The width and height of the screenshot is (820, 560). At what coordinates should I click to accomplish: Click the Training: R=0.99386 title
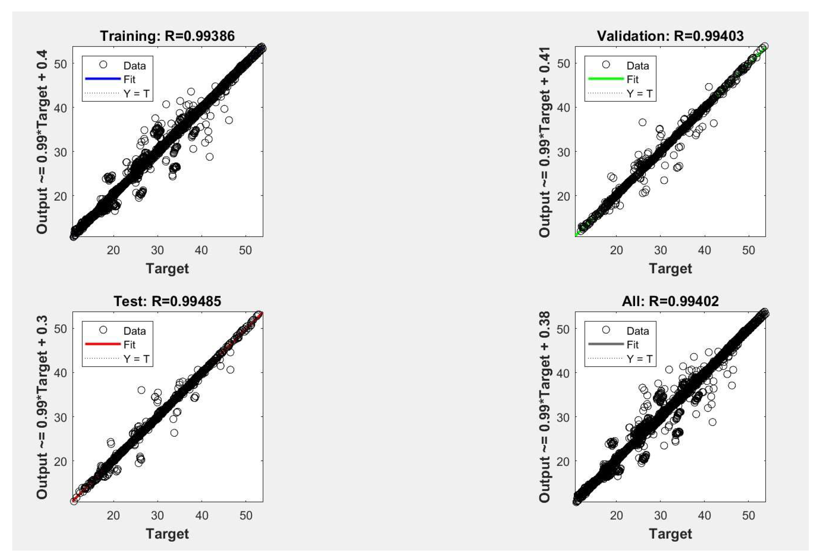click(x=167, y=36)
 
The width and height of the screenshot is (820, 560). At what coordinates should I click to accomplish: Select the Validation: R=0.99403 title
click(x=670, y=36)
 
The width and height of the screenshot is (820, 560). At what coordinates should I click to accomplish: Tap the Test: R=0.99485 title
click(x=167, y=301)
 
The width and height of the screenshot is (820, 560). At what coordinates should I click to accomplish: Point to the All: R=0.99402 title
click(x=670, y=301)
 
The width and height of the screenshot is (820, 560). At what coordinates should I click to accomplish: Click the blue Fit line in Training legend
click(x=103, y=79)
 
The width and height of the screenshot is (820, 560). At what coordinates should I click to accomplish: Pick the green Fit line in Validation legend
click(x=606, y=79)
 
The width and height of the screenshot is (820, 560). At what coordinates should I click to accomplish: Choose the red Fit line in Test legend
click(x=103, y=344)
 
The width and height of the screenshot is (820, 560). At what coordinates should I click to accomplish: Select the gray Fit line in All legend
click(x=606, y=344)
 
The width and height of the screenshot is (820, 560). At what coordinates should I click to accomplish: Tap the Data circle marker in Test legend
click(x=103, y=330)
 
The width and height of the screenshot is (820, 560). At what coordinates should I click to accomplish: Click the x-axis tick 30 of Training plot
click(x=157, y=250)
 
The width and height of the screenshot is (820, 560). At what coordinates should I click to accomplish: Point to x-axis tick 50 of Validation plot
click(x=748, y=250)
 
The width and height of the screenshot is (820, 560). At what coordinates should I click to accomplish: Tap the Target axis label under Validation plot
click(x=670, y=269)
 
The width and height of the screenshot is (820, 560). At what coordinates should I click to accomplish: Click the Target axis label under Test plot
click(x=167, y=534)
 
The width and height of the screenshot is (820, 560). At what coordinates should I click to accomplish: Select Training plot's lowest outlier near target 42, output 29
click(x=210, y=157)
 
